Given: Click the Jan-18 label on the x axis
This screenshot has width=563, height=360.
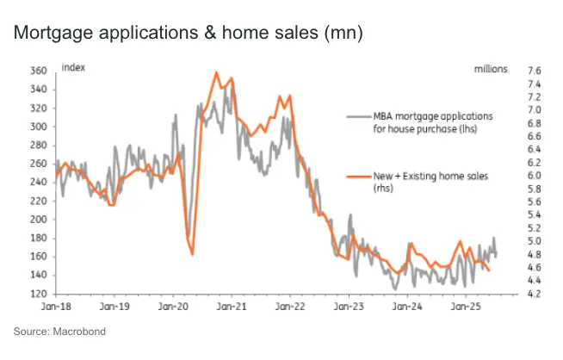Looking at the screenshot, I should (56, 306).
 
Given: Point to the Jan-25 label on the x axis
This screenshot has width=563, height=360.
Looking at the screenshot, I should (465, 306).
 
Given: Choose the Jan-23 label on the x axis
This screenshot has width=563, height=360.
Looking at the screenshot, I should (348, 306).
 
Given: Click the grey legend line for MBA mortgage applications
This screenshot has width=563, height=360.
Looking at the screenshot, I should (357, 115).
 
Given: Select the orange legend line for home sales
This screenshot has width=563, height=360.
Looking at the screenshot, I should (357, 176).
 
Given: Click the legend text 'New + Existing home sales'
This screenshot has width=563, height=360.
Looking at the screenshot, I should (430, 176).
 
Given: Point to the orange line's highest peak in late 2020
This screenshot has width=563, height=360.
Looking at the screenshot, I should (216, 72).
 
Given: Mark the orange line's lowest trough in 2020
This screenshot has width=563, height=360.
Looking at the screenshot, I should (191, 254).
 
